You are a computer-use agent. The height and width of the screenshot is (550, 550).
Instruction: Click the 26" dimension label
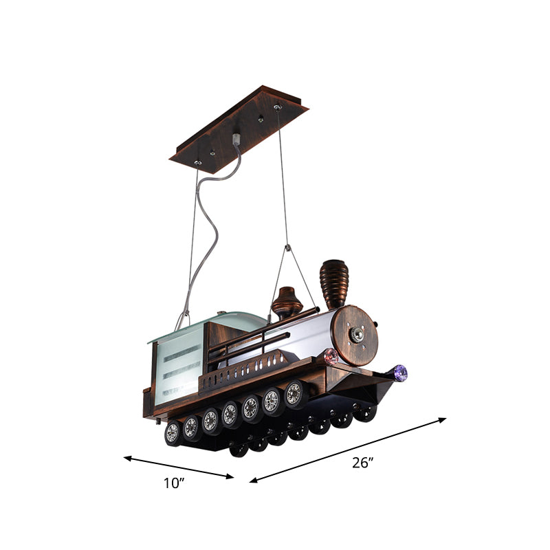tap(362, 463)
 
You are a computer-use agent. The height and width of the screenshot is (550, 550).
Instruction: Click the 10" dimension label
tap(175, 483)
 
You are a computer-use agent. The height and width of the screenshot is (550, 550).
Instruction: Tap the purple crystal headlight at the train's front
tap(399, 373)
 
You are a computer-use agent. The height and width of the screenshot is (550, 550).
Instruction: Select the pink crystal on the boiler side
tap(330, 356)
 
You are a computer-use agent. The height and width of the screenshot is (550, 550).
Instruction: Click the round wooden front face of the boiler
tap(357, 335)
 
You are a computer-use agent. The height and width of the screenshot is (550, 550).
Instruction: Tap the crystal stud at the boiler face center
tap(357, 335)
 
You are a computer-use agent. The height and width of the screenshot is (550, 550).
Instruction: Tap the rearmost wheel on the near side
tap(172, 432)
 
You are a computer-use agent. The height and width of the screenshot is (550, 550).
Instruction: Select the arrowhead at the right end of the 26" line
tap(443, 419)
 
